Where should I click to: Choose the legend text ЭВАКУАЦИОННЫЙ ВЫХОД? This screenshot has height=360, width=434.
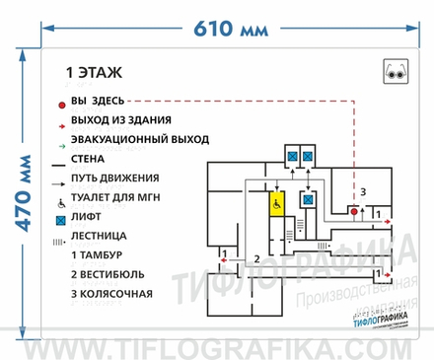133,139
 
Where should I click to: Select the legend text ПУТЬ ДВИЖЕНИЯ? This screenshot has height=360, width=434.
114,178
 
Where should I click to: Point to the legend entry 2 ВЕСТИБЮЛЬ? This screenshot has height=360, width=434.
108,273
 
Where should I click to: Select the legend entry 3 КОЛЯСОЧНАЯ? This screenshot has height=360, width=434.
110,293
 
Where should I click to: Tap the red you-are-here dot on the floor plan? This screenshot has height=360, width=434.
353,211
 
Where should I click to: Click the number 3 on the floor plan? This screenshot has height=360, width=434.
363,190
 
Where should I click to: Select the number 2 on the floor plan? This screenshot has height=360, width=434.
256,257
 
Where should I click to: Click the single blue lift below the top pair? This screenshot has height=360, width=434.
309,199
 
